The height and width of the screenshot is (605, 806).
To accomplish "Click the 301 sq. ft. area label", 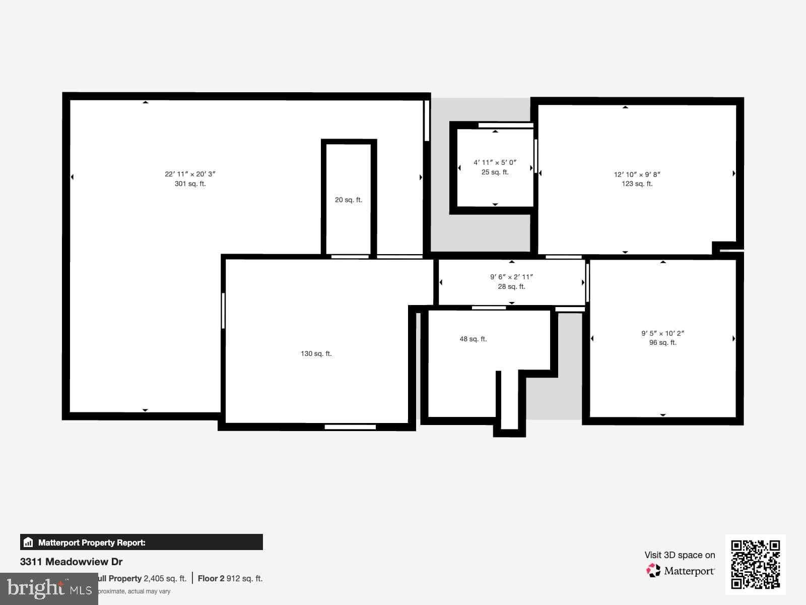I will [x=190, y=184].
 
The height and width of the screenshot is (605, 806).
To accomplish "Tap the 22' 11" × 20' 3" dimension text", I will [x=190, y=174].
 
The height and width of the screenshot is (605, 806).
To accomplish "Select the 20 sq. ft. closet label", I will [x=349, y=200].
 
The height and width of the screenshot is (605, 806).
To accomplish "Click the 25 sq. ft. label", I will [x=495, y=172].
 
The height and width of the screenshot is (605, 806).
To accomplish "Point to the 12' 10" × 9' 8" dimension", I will [x=637, y=174].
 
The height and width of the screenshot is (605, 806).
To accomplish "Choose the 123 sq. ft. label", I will [x=637, y=184].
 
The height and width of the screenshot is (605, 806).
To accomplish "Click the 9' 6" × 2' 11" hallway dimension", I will [x=511, y=277].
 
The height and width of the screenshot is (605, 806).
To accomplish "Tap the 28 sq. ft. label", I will [x=511, y=287].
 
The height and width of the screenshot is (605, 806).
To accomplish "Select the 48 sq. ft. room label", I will [x=473, y=339].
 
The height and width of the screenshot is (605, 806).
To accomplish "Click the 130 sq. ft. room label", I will [x=316, y=354].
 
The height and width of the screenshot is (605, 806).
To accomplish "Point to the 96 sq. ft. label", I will [x=662, y=343].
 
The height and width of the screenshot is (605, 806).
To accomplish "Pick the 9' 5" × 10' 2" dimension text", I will [x=662, y=333].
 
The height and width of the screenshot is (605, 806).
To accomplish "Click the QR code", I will [x=755, y=565].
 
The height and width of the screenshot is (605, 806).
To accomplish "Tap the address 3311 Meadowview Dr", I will [x=72, y=562].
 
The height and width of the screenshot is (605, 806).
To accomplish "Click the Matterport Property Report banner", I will [x=141, y=542].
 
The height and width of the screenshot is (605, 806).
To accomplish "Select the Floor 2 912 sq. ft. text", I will [x=230, y=579].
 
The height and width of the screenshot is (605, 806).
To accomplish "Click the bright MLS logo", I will [x=49, y=588].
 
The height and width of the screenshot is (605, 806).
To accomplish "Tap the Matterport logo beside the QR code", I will [x=680, y=571].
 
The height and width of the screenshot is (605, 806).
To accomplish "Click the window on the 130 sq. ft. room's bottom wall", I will [x=350, y=427].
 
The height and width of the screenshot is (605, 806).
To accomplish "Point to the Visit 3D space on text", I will [x=680, y=555].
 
